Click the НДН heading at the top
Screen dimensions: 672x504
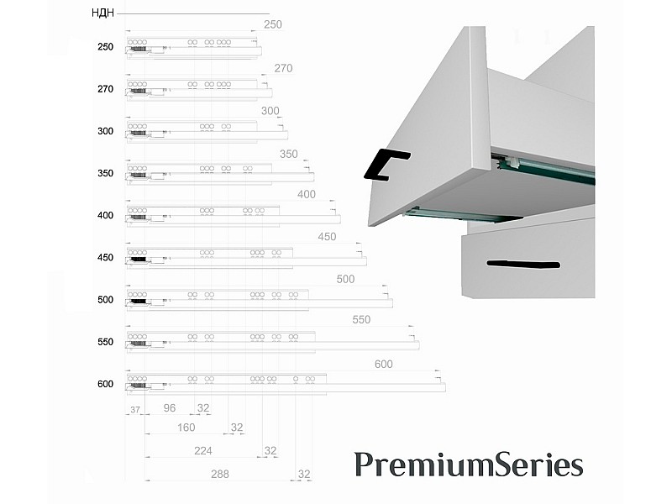coord(102,13)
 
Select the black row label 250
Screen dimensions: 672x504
coord(106,47)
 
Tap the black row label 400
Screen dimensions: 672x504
coord(106,215)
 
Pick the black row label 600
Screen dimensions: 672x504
coord(106,384)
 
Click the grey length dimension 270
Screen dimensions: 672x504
coord(283,68)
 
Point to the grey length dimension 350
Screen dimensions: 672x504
coord(288,154)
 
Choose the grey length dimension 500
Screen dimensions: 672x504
coord(345,279)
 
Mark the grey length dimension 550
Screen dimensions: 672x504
coord(361,319)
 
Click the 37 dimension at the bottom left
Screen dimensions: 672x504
coord(135,410)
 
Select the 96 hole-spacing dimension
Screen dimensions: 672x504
coord(170,408)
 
